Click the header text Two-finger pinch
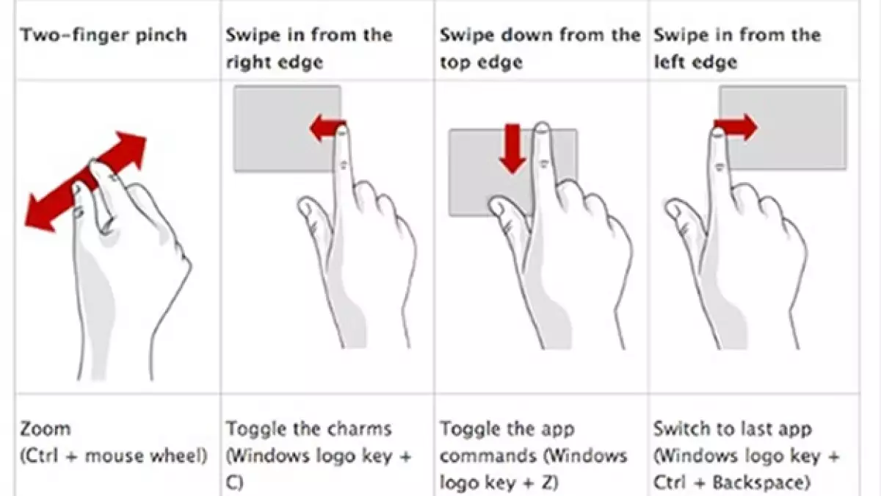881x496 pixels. click(x=104, y=35)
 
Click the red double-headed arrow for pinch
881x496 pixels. click(x=85, y=181)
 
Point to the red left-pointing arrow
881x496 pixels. click(x=326, y=128)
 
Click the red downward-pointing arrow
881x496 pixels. click(x=512, y=148)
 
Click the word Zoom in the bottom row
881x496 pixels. click(x=46, y=428)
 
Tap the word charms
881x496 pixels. click(x=360, y=428)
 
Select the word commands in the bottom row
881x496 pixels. click(x=488, y=456)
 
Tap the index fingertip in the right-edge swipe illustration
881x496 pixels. click(x=341, y=130)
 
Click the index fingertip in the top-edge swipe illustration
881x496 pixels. click(x=543, y=128)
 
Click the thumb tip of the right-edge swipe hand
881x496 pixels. click(x=305, y=206)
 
